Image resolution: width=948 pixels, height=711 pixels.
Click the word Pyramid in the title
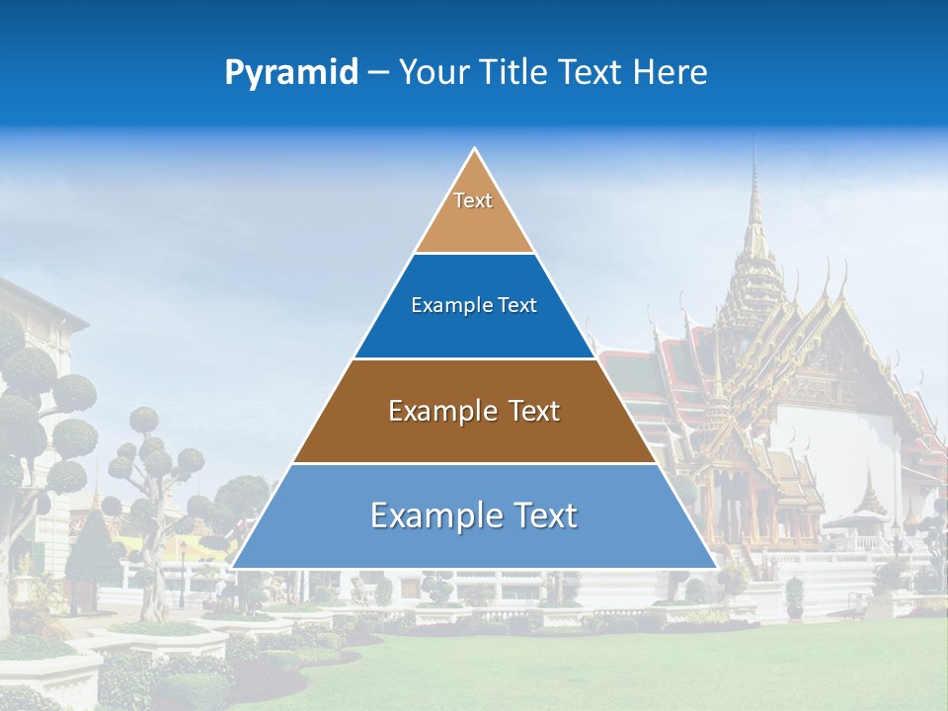tap(290, 72)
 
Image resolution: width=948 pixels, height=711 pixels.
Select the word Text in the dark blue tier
tap(517, 306)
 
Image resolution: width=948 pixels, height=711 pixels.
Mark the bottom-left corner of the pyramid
tap(233, 567)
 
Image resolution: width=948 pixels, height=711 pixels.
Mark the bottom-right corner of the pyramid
tap(716, 567)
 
